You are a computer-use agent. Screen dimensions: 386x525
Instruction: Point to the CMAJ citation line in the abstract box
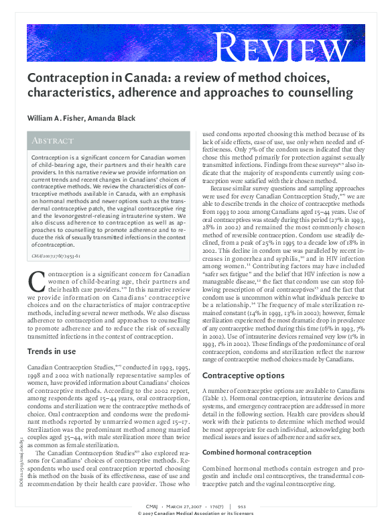(56, 256)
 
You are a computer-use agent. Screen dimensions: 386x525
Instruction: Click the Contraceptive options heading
(240, 375)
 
